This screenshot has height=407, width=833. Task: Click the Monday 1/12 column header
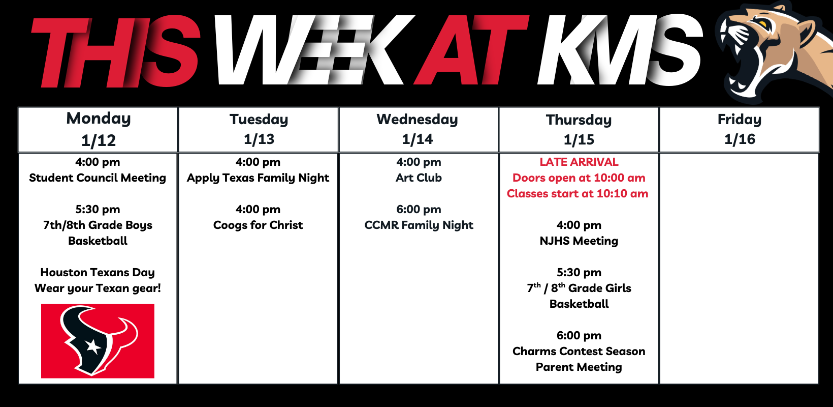click(98, 130)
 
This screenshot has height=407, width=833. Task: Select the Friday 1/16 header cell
click(740, 130)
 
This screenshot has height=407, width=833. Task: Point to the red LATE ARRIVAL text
click(579, 162)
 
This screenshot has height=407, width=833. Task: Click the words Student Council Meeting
click(98, 178)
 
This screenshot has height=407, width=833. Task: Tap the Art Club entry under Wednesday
click(419, 178)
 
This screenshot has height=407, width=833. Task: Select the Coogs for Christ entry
click(258, 225)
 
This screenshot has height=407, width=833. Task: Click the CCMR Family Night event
click(419, 225)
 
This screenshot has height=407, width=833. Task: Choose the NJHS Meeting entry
click(579, 241)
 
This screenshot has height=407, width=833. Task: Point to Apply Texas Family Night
click(258, 178)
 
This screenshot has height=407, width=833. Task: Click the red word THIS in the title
click(115, 52)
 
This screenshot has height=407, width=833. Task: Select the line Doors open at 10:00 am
click(579, 178)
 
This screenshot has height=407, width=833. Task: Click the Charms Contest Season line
click(579, 351)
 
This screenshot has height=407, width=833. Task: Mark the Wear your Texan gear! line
click(98, 288)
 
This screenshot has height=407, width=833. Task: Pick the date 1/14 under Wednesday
click(417, 139)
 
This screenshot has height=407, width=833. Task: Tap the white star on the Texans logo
click(93, 347)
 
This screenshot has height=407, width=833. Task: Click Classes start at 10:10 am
click(578, 194)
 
